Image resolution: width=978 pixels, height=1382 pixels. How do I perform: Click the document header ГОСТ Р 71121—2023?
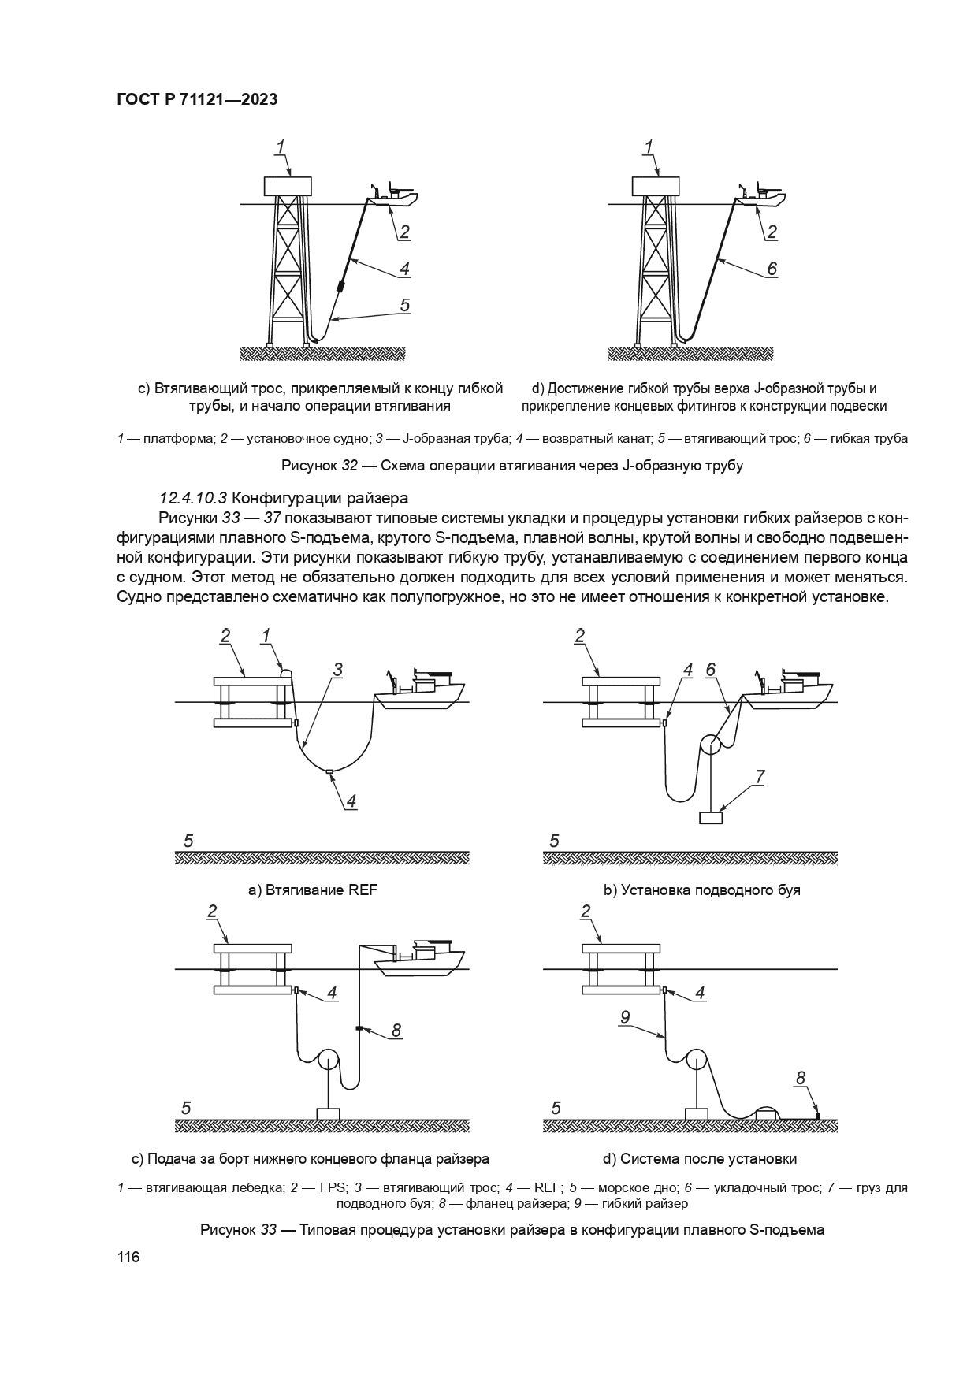click(x=197, y=100)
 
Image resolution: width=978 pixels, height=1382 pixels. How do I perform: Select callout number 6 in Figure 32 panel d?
click(x=772, y=269)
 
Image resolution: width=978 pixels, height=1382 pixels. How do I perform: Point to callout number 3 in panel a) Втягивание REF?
click(x=337, y=670)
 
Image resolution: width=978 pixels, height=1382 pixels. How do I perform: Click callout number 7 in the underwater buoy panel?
click(x=760, y=777)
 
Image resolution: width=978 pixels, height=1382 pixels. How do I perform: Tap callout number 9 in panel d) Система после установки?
click(x=624, y=1017)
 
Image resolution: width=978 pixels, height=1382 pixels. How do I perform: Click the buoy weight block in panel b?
click(x=711, y=818)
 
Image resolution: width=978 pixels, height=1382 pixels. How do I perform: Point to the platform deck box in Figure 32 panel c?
click(x=288, y=186)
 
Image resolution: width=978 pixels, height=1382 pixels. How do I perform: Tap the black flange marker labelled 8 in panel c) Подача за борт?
click(x=359, y=1028)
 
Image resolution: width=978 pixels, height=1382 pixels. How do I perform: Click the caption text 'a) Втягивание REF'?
click(x=313, y=890)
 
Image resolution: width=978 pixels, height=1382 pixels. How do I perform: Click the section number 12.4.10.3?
click(x=193, y=498)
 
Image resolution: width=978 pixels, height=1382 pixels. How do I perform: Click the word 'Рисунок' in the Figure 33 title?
click(x=227, y=1230)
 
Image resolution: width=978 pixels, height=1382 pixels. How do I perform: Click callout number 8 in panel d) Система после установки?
click(x=801, y=1078)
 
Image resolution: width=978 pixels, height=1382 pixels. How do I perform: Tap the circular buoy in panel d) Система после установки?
click(x=697, y=1060)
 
